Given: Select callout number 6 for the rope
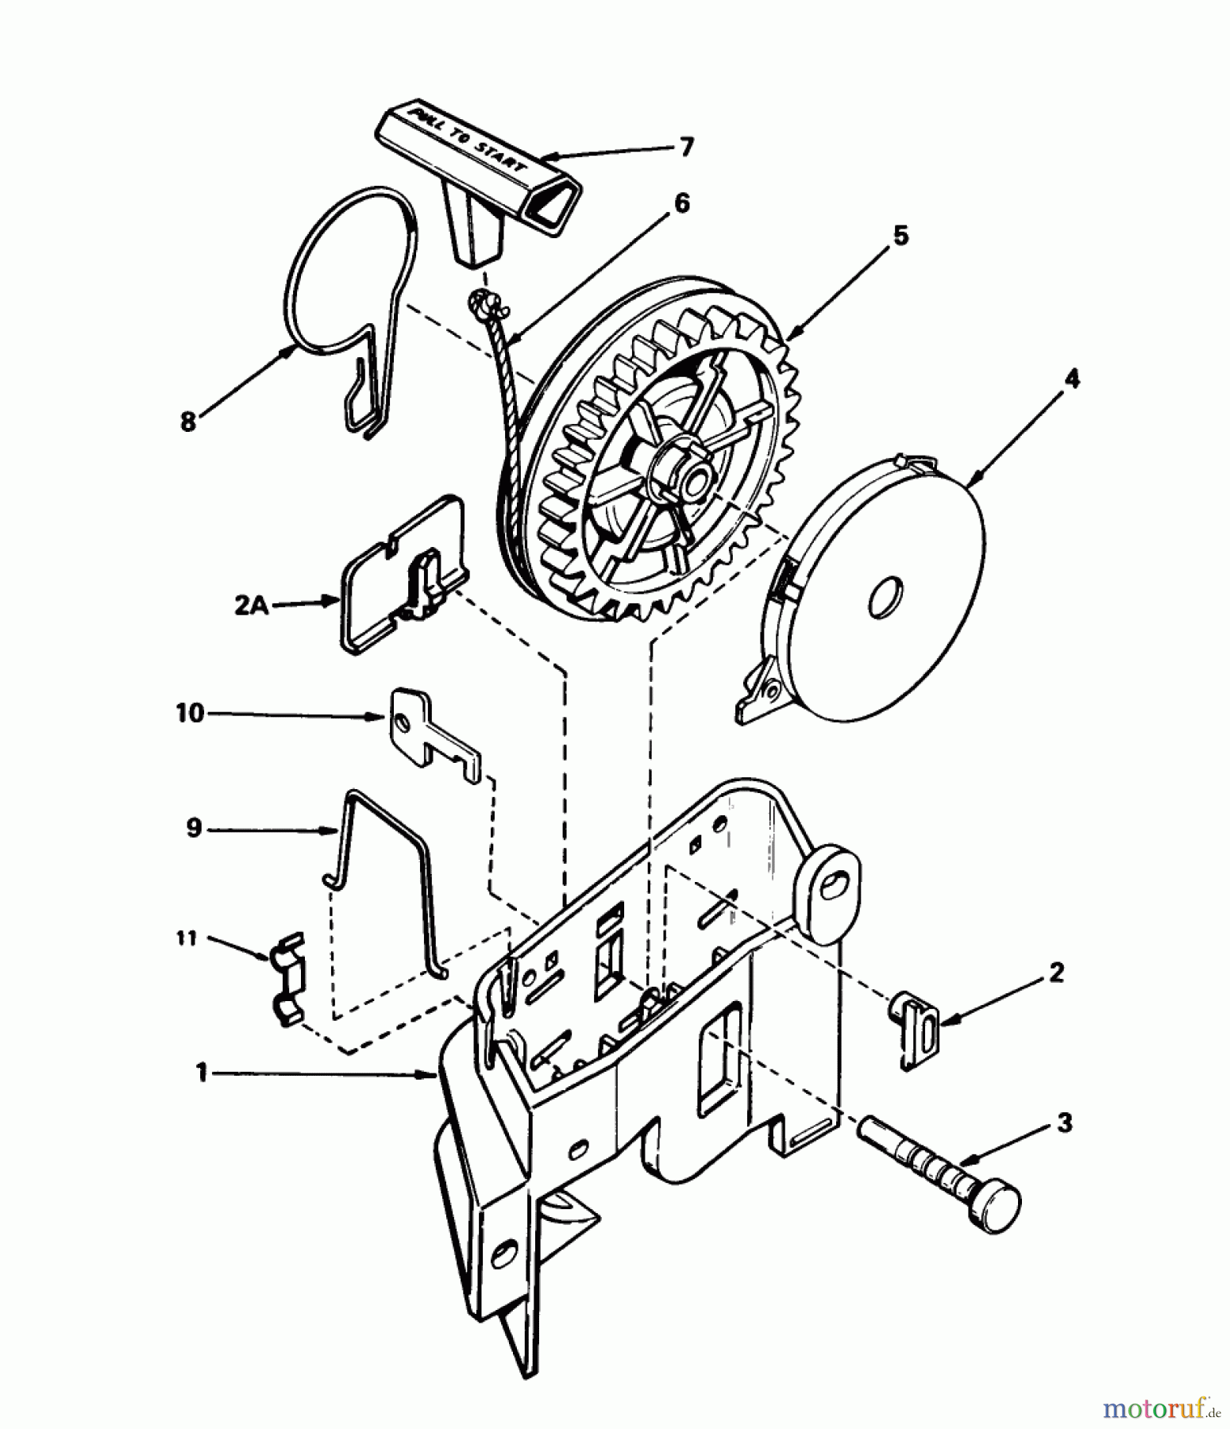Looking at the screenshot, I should pyautogui.click(x=681, y=203).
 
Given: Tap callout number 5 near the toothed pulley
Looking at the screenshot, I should pyautogui.click(x=900, y=236).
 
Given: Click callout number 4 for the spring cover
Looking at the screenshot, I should pyautogui.click(x=1071, y=379).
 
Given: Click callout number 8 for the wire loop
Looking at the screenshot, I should pyautogui.click(x=188, y=422).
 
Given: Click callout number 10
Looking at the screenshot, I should pyautogui.click(x=190, y=713).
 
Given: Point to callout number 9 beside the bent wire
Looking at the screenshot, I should pyautogui.click(x=194, y=829).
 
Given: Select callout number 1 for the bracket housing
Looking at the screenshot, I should pyautogui.click(x=202, y=1073).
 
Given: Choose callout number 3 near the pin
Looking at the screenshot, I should pyautogui.click(x=1064, y=1123).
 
